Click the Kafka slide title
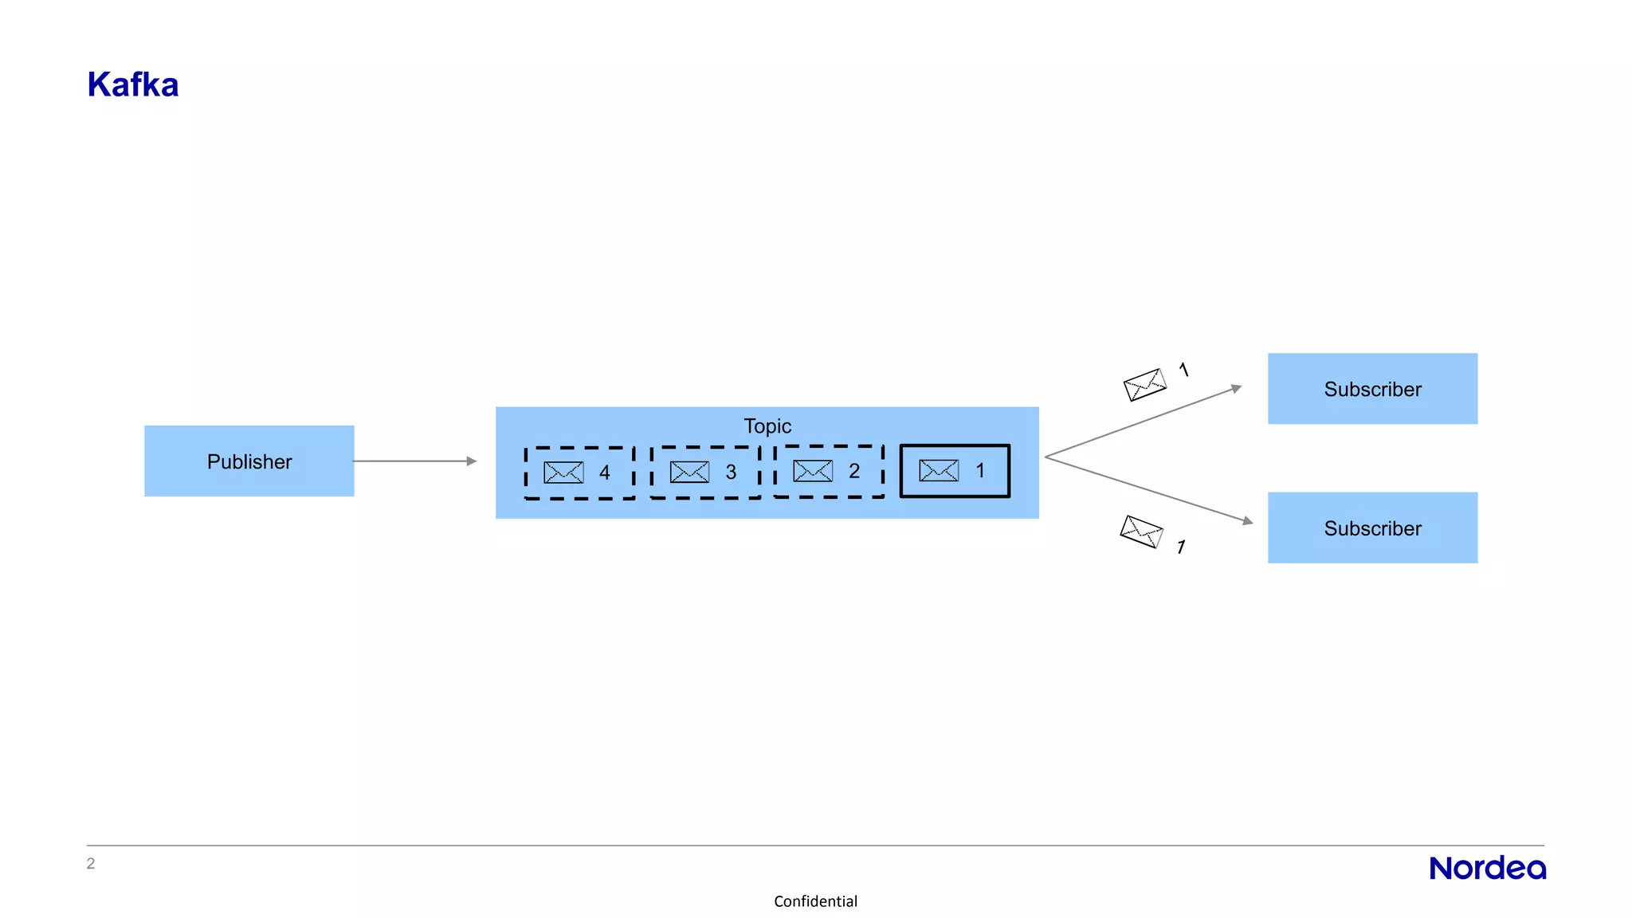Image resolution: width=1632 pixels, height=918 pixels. [x=133, y=84]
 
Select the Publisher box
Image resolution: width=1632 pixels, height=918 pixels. [x=249, y=461]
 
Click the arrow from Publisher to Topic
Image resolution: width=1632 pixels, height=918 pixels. [x=414, y=461]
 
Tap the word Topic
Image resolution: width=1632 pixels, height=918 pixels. [x=767, y=426]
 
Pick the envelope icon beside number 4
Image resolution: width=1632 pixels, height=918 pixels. [x=563, y=473]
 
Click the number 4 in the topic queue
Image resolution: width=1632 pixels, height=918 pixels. [x=605, y=473]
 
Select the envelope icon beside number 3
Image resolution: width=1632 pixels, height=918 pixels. [x=689, y=472]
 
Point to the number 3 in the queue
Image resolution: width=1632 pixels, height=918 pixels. [x=731, y=473]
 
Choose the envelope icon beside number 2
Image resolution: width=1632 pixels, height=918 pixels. [x=813, y=471]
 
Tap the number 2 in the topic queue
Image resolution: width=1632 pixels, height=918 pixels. [x=854, y=471]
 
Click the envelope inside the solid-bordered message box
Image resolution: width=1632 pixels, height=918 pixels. [x=939, y=470]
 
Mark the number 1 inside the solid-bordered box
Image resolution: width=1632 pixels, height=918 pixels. [x=980, y=471]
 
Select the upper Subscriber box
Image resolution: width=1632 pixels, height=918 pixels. [x=1372, y=389]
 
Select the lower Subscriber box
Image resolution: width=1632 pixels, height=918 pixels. [x=1372, y=528]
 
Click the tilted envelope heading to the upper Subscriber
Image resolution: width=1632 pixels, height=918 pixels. [x=1145, y=384]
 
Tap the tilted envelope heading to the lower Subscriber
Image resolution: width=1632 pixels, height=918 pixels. [x=1142, y=532]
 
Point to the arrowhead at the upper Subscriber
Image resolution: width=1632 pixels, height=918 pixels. [x=1236, y=388]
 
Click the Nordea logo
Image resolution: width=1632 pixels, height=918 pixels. [x=1487, y=868]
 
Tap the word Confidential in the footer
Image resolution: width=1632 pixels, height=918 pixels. [x=815, y=901]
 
